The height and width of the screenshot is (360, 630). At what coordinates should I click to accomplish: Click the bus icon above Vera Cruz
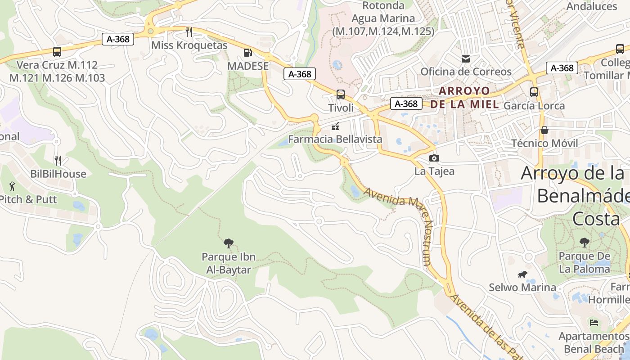tap(57, 52)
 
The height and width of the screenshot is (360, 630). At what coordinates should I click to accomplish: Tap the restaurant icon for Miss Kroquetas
tap(189, 31)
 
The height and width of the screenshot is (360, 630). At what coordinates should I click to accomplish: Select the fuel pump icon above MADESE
tap(247, 53)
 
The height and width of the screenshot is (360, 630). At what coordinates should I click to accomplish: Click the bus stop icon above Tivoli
tap(341, 94)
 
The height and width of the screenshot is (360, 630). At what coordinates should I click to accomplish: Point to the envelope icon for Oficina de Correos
tap(466, 58)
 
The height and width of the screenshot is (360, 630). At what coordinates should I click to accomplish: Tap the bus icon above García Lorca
tap(534, 92)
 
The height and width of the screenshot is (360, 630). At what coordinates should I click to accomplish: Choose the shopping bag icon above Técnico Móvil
tap(544, 130)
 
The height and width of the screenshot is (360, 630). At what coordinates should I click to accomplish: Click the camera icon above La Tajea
tap(434, 158)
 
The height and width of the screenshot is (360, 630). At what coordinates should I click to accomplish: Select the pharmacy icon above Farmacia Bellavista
tap(335, 127)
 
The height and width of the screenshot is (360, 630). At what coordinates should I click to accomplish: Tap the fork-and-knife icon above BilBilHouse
tap(58, 161)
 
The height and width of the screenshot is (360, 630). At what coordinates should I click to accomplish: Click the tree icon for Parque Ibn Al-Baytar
tap(229, 243)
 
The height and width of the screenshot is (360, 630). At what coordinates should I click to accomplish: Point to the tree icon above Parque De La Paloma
tap(584, 243)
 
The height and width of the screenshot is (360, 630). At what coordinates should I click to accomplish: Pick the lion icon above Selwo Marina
tap(522, 274)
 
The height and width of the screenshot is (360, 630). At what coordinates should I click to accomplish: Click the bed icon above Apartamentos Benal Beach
tap(594, 323)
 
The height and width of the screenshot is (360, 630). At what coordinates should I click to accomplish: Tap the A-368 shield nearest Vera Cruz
tap(118, 39)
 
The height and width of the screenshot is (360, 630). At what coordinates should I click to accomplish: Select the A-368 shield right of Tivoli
tap(406, 104)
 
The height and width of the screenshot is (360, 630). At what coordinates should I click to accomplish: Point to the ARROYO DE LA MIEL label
tap(464, 98)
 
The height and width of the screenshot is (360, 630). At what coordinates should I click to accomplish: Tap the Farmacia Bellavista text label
tap(335, 139)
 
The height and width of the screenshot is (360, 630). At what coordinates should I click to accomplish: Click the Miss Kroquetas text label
tap(189, 45)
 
